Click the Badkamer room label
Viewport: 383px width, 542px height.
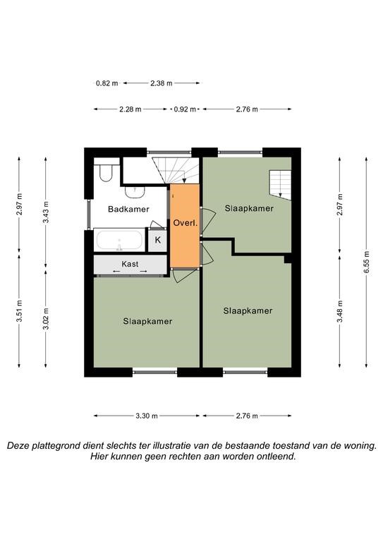(128, 209)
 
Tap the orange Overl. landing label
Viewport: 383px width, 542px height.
(186, 223)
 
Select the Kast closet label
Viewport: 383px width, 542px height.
(130, 264)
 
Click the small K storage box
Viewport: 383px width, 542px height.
(158, 240)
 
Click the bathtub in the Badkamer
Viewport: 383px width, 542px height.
(119, 240)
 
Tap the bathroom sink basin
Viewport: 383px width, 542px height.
(134, 192)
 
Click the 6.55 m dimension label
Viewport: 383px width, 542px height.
(366, 262)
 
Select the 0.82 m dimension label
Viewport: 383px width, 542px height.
(107, 83)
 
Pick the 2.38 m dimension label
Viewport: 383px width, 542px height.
(162, 83)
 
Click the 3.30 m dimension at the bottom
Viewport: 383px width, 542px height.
(147, 416)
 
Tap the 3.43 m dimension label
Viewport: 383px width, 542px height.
(46, 212)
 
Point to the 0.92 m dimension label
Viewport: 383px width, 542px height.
(185, 109)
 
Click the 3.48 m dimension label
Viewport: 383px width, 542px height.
(340, 311)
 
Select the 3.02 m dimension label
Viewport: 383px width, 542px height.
(46, 318)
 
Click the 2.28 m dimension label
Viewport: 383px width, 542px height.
(130, 109)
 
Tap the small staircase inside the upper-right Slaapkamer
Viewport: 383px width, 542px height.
(280, 185)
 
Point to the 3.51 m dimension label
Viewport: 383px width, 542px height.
(19, 311)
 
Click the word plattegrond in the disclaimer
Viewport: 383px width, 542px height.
(54, 446)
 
